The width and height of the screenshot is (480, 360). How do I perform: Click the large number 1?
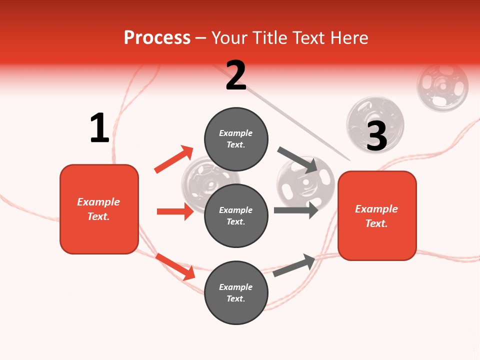pos(99,128)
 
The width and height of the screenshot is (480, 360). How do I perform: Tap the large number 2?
pos(236,75)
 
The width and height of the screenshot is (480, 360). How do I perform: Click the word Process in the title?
pos(157,37)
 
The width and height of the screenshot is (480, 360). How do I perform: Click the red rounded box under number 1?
pos(99,209)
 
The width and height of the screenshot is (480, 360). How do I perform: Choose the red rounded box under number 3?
pos(377,215)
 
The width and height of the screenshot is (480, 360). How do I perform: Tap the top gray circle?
pos(236,139)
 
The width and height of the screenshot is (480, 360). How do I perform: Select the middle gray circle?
pos(236,215)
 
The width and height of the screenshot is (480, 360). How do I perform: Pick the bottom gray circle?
pos(236,292)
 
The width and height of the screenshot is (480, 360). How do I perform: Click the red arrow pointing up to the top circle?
pos(173,159)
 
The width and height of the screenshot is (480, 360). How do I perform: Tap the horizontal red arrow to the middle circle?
pos(175,211)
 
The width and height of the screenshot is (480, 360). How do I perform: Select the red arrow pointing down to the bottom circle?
pos(175,266)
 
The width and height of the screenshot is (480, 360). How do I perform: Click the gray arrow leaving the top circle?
pos(298,159)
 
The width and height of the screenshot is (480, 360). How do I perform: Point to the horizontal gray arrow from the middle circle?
pos(296,210)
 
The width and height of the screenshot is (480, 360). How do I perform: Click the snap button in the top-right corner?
pos(442,86)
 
